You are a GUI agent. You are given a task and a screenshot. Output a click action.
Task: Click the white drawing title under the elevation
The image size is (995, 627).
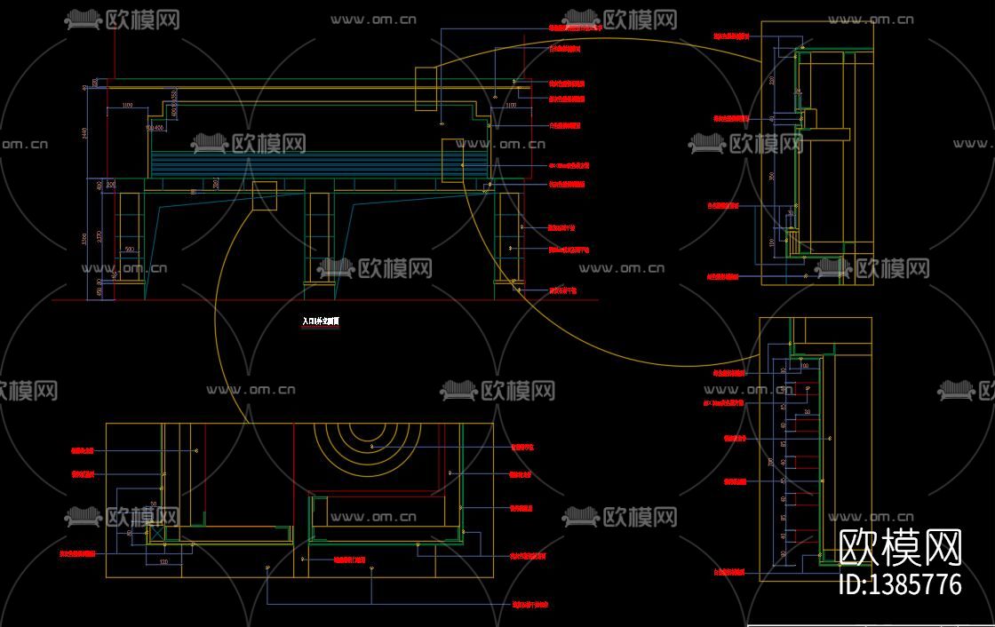tap(321, 322)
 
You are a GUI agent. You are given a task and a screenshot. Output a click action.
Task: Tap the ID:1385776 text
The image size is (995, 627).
tap(900, 584)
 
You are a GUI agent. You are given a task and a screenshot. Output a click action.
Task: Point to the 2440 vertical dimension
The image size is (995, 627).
tap(86, 133)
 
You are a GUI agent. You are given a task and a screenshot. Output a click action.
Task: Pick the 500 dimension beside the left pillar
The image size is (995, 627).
tap(129, 250)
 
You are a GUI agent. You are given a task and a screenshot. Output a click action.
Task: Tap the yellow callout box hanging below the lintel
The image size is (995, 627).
tap(265, 195)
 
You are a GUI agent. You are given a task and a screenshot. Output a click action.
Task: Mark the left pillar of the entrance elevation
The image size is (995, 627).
tap(129, 235)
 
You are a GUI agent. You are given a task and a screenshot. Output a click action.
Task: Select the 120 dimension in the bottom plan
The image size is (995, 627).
tap(163, 562)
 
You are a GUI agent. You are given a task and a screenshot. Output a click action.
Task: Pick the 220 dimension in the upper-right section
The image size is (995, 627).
tap(772, 81)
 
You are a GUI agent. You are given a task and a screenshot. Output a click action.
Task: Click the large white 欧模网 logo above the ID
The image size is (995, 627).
tap(900, 548)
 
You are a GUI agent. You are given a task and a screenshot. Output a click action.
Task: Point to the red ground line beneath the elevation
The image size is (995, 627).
tap(320, 300)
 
